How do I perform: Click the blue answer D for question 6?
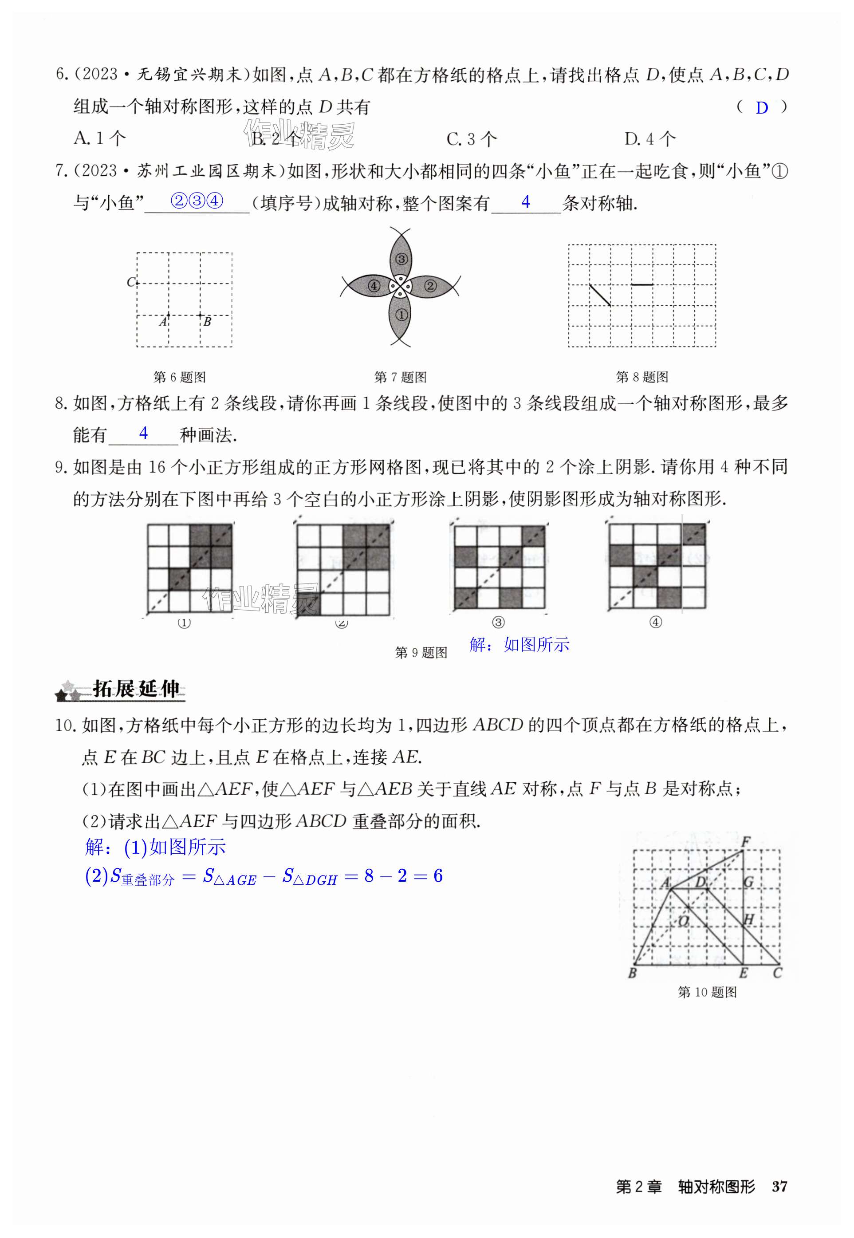coord(761,108)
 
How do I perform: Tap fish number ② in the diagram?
coord(430,286)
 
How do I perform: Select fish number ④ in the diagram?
coord(374,286)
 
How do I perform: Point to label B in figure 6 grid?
coord(207,321)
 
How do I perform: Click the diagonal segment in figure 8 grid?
coord(600,295)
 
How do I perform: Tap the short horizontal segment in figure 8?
coord(641,285)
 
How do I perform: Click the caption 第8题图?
coord(641,377)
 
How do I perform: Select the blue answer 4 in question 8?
coord(143,433)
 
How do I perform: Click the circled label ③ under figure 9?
coord(498,623)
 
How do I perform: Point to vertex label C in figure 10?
coord(778,973)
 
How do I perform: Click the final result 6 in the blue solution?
coord(438,876)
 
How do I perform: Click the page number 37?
coord(779,1186)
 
